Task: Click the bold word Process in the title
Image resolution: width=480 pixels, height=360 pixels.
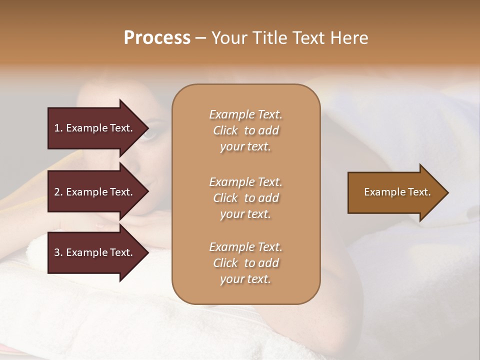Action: coord(157,38)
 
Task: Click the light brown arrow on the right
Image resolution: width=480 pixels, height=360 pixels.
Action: coord(395,192)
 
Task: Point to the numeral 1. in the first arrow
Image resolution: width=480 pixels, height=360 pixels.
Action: coord(58,128)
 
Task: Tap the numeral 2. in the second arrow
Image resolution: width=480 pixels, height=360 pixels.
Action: coord(58,192)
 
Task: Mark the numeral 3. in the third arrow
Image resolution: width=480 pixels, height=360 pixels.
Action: coord(58,252)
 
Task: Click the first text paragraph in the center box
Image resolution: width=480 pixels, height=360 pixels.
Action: coord(245,130)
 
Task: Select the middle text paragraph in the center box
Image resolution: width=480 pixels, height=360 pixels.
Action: coord(245,198)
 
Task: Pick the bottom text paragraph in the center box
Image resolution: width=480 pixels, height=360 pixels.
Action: coord(245,263)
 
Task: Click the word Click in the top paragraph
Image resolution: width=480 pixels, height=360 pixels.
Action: coord(225,130)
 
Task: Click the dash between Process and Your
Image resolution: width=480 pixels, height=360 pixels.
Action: coord(200,38)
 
